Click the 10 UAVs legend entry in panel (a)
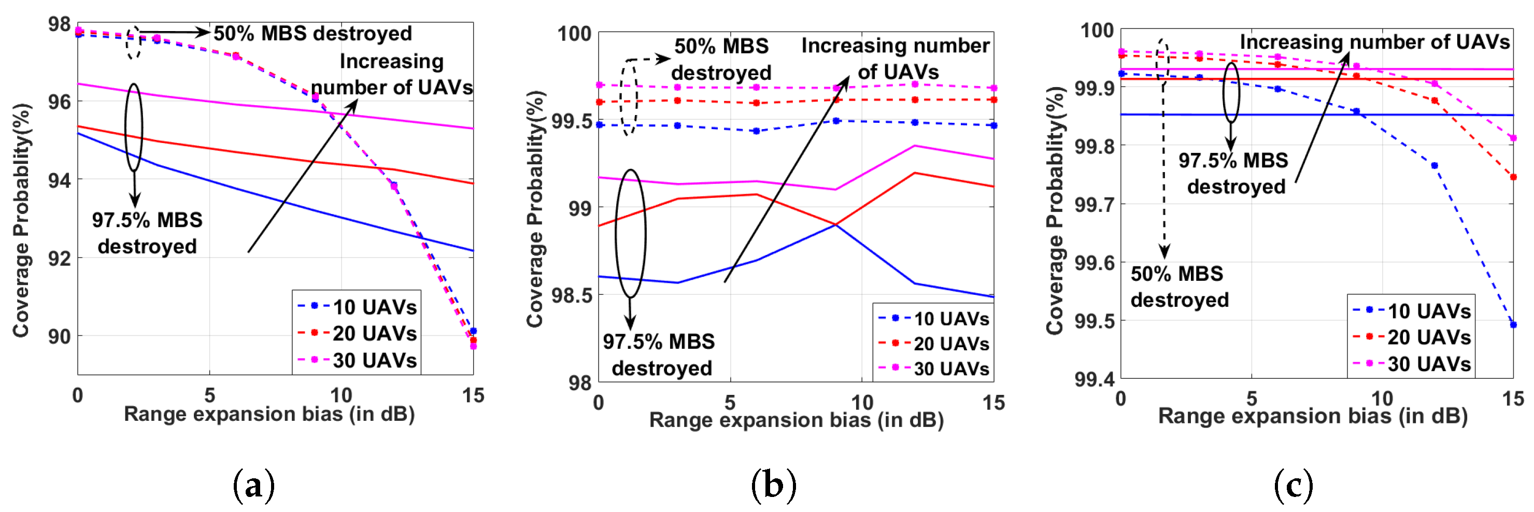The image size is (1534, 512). point(357,307)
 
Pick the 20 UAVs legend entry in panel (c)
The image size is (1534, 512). point(1411,337)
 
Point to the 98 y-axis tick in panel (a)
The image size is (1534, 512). point(60,24)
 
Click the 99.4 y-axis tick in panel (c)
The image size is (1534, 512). point(1094,379)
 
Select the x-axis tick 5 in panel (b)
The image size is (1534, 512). point(730,403)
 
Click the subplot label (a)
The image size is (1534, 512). point(254,485)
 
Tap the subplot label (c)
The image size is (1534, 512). point(1294,485)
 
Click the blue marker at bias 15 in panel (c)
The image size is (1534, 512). point(1513,324)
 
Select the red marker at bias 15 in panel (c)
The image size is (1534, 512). point(1513,177)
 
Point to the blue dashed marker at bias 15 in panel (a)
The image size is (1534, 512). point(474,331)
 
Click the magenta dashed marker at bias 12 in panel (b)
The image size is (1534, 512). point(915,84)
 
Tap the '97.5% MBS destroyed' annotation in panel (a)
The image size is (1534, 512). point(147,233)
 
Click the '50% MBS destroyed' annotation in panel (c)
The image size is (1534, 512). point(1179,287)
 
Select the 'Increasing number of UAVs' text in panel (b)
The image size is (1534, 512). point(896,59)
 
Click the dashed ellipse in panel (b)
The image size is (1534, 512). point(628,97)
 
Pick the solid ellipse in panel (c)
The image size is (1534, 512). point(1231,92)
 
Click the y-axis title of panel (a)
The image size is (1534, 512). point(21,220)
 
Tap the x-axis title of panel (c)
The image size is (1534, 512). point(1313,416)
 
